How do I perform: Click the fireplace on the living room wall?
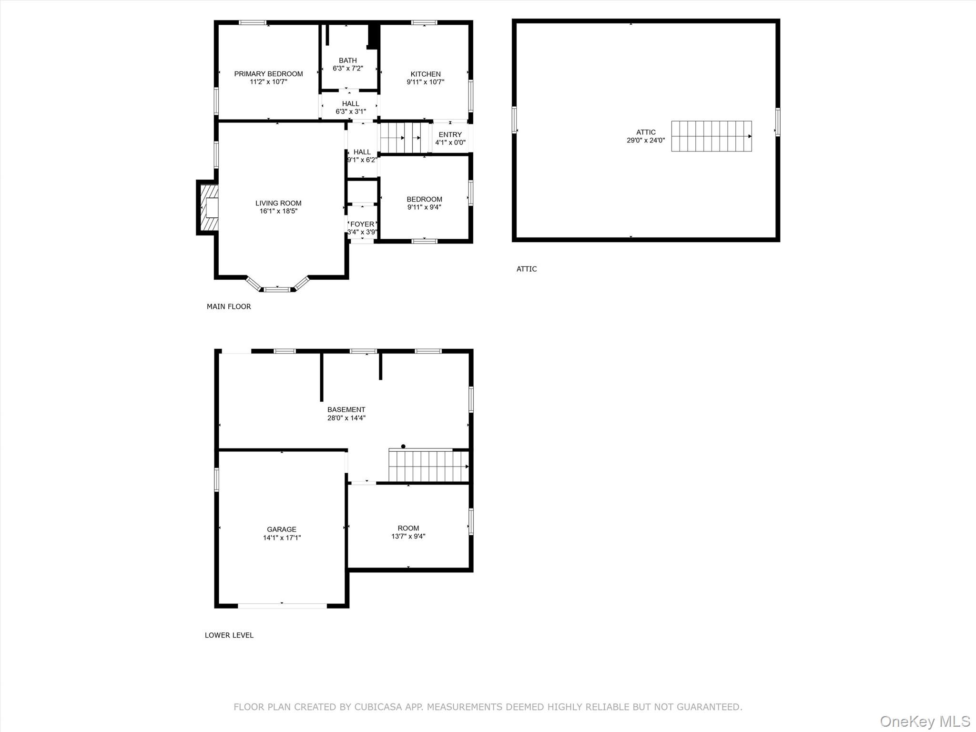click(x=208, y=208)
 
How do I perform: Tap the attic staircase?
click(x=712, y=136)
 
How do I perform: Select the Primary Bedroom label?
click(x=268, y=74)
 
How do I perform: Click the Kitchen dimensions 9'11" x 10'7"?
click(x=426, y=82)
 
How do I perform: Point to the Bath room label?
click(x=348, y=61)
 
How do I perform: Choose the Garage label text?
click(x=282, y=529)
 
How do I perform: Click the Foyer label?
click(x=362, y=224)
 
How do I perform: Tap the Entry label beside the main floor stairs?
click(x=450, y=135)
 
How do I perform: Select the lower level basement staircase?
click(x=429, y=466)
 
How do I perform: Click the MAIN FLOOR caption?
click(x=229, y=306)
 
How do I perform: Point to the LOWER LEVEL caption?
click(x=229, y=635)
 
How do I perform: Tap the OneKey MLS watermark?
click(x=925, y=721)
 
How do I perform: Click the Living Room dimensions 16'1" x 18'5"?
click(x=278, y=211)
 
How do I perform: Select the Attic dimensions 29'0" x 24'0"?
click(x=646, y=141)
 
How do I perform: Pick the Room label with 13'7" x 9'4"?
click(x=408, y=528)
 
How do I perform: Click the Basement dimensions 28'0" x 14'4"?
click(x=346, y=418)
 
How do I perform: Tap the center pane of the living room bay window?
click(x=277, y=289)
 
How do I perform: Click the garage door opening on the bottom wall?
click(x=282, y=606)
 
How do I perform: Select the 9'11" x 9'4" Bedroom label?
click(x=424, y=199)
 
